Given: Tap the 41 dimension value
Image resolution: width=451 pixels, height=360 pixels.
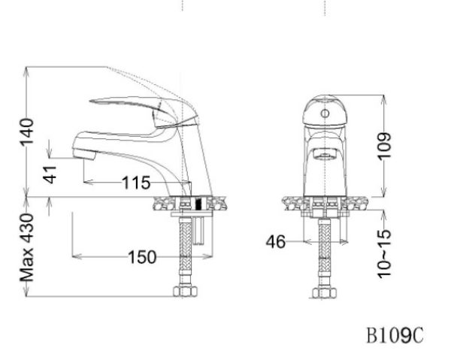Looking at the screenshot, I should [50, 174].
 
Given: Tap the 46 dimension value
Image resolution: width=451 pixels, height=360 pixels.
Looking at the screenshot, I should [275, 242].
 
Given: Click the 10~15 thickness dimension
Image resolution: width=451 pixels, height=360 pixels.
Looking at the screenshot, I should [385, 253].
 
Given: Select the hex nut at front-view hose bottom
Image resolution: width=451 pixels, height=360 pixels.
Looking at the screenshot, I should [323, 292].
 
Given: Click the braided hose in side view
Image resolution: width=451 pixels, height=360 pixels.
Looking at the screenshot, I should [183, 252].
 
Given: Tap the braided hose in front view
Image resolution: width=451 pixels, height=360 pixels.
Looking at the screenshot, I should [323, 252].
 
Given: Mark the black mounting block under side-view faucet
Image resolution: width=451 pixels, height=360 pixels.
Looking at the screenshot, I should [199, 204].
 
